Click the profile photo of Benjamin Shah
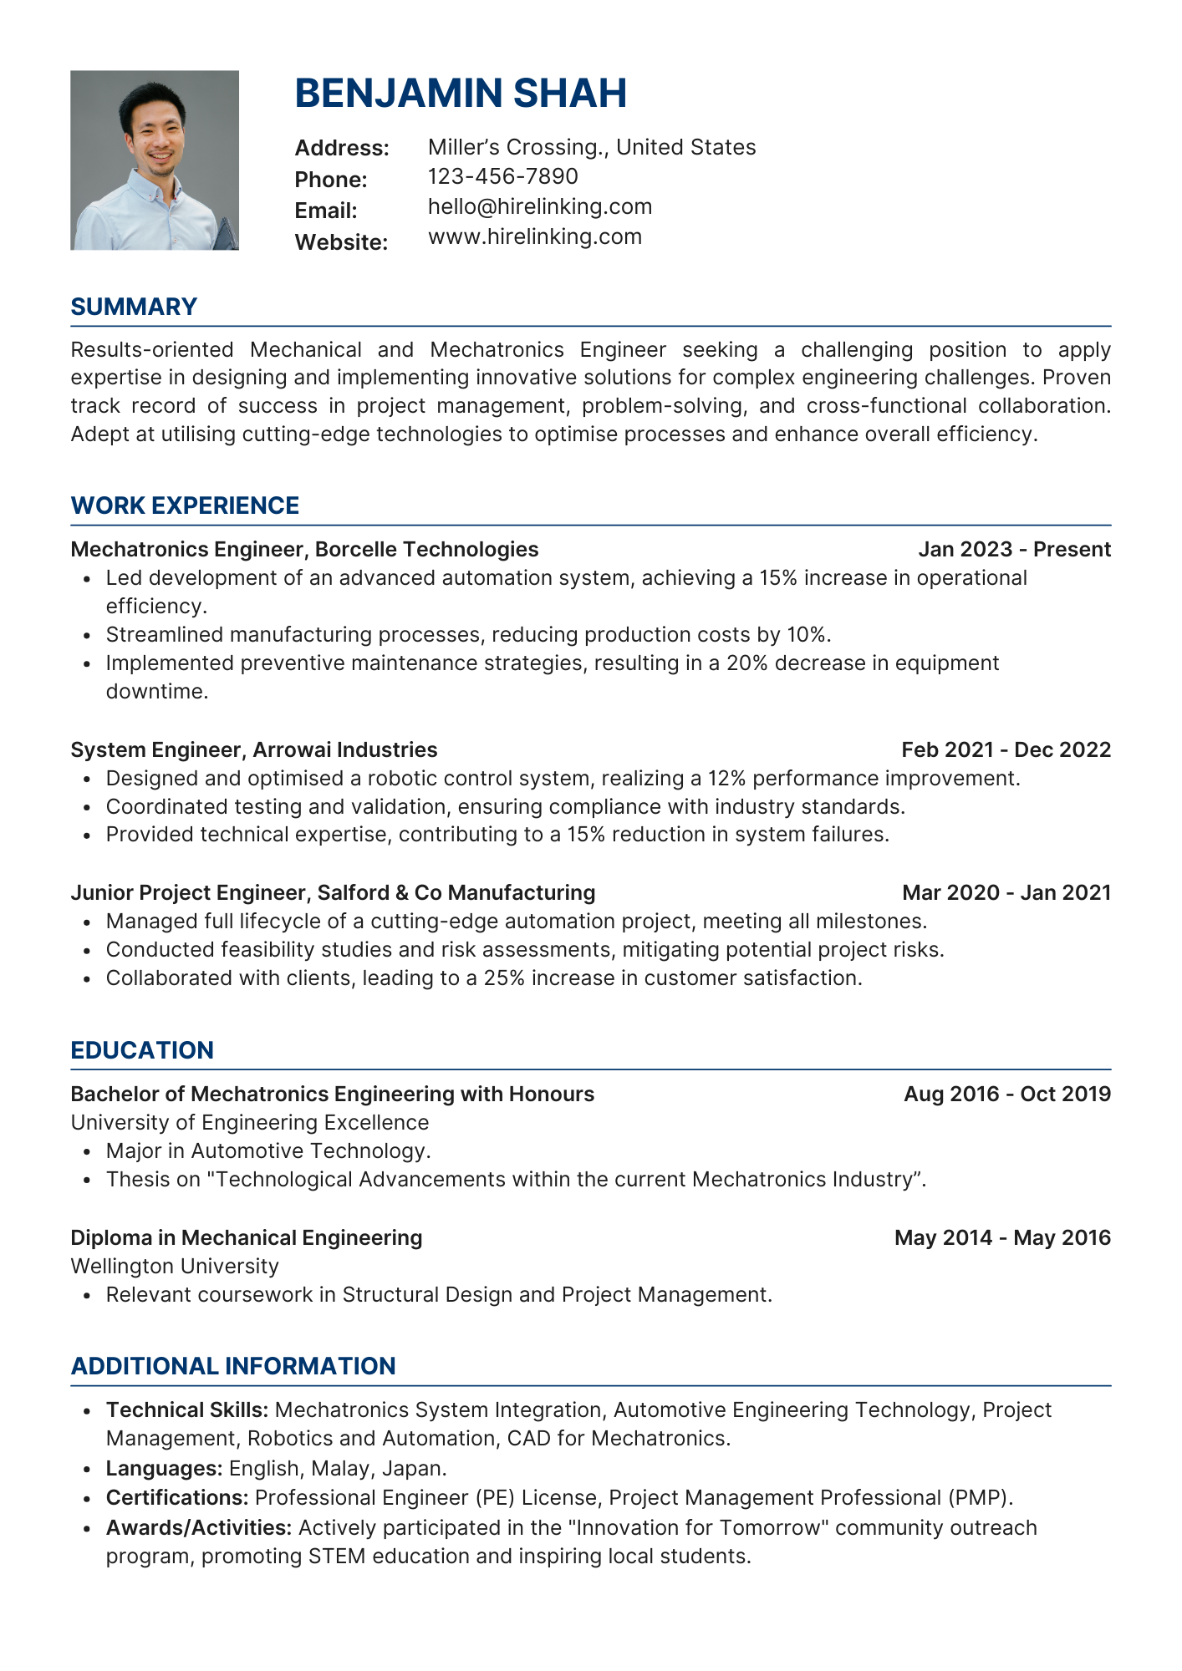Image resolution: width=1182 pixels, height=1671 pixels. pyautogui.click(x=155, y=160)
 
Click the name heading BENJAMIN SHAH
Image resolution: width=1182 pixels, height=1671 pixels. pyautogui.click(x=461, y=93)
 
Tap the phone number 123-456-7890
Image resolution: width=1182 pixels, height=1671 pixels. pyautogui.click(x=502, y=176)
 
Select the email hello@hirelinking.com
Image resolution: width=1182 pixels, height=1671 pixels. pyautogui.click(x=539, y=206)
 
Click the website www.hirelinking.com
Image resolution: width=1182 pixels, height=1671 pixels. pyautogui.click(x=534, y=236)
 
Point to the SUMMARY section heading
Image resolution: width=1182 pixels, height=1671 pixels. pyautogui.click(x=134, y=307)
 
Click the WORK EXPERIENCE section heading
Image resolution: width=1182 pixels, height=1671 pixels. pyautogui.click(x=185, y=505)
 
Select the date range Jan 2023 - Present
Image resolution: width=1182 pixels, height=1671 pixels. pyautogui.click(x=1014, y=549)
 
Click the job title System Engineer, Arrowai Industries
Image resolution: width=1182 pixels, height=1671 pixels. pyautogui.click(x=254, y=749)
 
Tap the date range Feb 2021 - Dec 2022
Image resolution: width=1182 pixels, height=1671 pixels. pyautogui.click(x=1006, y=749)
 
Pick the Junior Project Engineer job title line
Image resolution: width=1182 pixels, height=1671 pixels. pyautogui.click(x=333, y=892)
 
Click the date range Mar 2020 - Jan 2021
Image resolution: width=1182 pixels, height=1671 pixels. pyautogui.click(x=1006, y=892)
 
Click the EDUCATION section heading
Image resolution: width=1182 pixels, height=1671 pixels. pyautogui.click(x=142, y=1050)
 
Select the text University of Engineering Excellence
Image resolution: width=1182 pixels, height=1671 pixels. pyautogui.click(x=249, y=1122)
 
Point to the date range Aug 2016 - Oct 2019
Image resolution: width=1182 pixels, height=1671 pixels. pyautogui.click(x=1006, y=1094)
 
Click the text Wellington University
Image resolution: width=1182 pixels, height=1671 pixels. pyautogui.click(x=174, y=1266)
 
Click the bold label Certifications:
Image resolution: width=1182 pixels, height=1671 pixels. pyautogui.click(x=177, y=1497)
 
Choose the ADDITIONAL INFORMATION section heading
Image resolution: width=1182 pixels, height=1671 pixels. pyautogui.click(x=233, y=1366)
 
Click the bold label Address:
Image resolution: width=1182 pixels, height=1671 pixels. pyautogui.click(x=342, y=148)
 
